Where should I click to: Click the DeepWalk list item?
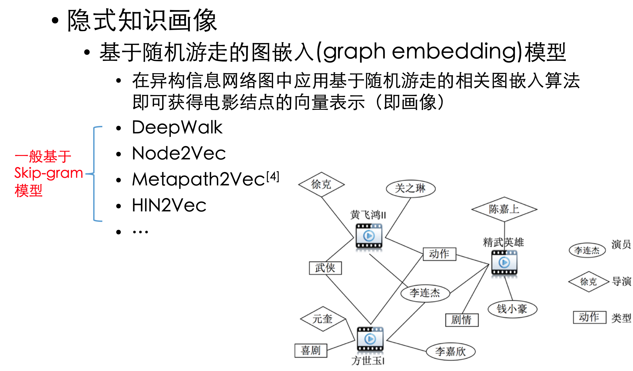177,127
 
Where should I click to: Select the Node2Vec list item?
179,153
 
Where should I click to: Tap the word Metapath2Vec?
198,179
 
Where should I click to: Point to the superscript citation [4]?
273,177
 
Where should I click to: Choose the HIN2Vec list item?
169,205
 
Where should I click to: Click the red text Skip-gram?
48,173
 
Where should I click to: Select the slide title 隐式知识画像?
142,20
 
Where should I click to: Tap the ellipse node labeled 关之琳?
410,188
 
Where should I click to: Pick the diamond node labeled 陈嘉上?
504,209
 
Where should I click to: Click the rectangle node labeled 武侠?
325,268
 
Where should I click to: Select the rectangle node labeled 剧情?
462,320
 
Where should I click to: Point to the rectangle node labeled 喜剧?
311,350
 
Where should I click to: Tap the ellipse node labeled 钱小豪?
512,309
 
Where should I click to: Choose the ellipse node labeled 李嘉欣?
451,352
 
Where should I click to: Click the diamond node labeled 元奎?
322,319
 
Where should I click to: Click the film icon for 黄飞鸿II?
369,236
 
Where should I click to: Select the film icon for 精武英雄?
504,262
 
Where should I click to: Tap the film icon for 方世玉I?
370,339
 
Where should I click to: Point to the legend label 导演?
622,282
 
